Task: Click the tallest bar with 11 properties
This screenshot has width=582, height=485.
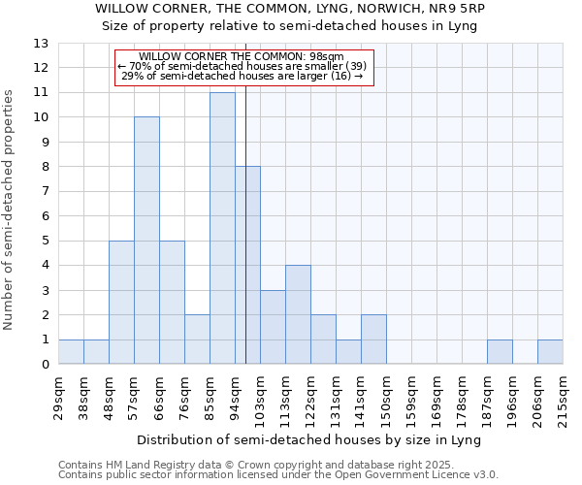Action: (x=222, y=228)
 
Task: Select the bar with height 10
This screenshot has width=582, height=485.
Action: (x=146, y=241)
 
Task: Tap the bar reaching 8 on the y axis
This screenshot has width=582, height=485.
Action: (x=247, y=265)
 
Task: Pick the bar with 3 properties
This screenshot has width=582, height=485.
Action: (x=273, y=327)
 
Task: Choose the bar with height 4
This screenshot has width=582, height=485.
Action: (x=298, y=314)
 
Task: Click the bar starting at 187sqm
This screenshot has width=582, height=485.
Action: (x=500, y=352)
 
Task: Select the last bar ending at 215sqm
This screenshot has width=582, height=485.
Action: (x=550, y=352)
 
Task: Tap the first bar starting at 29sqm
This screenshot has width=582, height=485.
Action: (x=71, y=352)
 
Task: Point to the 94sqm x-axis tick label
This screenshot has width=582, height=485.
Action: (x=235, y=395)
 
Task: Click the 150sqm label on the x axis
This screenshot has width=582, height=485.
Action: (x=386, y=395)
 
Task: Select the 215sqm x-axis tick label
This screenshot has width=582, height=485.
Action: (x=563, y=395)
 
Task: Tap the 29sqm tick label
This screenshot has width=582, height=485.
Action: (x=58, y=395)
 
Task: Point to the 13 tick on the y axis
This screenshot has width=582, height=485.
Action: (x=41, y=44)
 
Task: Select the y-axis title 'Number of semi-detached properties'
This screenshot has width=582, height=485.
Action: (x=10, y=210)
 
